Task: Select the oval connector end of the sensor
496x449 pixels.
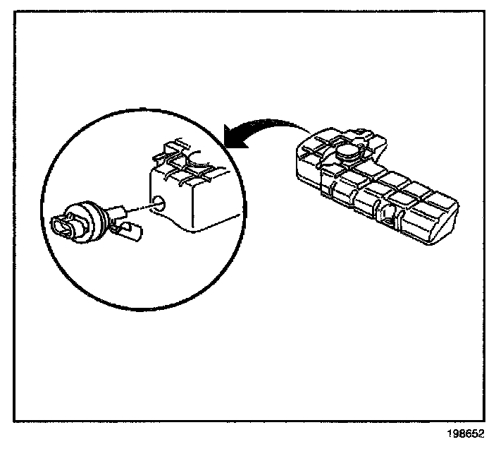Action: (x=63, y=225)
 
